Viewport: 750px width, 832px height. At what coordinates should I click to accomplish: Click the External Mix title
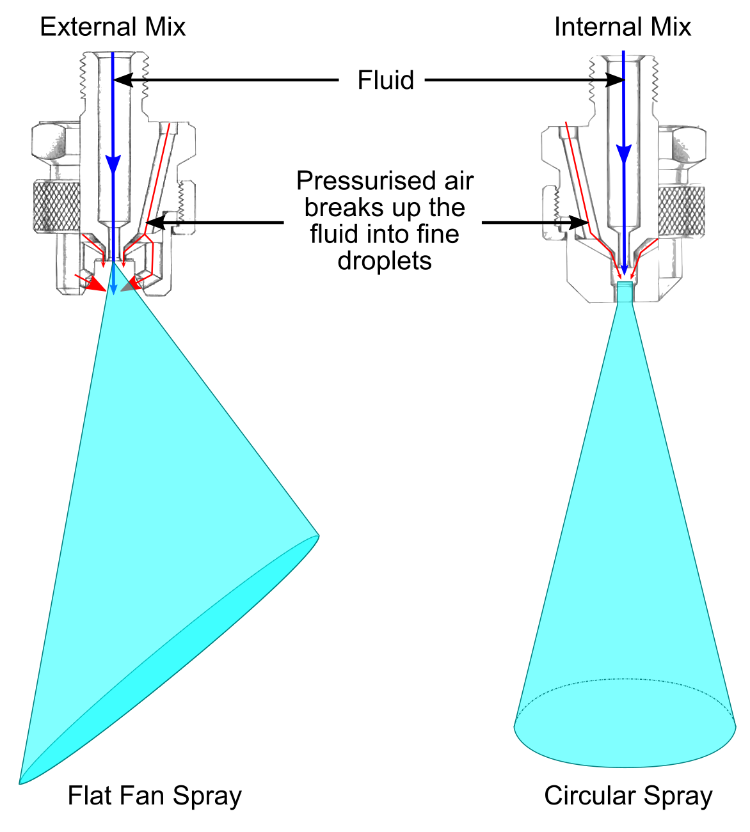point(113,27)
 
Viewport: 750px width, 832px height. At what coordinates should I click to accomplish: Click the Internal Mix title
point(622,27)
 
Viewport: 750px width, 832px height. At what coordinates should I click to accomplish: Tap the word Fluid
point(385,81)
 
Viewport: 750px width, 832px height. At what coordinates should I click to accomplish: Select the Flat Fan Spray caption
point(155,796)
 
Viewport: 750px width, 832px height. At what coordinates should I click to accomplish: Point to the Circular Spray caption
point(628,796)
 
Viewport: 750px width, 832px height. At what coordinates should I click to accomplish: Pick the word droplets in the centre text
point(385,261)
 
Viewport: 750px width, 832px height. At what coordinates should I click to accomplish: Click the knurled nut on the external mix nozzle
point(56,205)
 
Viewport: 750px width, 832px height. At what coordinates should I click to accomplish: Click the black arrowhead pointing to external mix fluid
point(122,80)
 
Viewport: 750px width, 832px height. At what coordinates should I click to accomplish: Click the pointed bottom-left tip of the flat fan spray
point(20,782)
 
